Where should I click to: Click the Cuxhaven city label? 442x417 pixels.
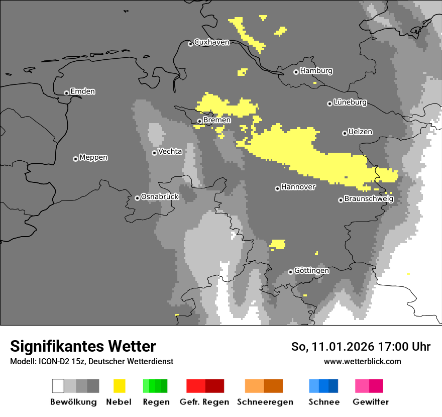click(x=211, y=43)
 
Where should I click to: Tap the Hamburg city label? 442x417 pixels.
click(x=316, y=71)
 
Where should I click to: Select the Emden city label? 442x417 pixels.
click(x=82, y=91)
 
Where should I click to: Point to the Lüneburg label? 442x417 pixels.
click(x=350, y=102)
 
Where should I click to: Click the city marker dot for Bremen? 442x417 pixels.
click(x=199, y=121)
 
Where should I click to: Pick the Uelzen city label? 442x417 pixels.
click(x=360, y=132)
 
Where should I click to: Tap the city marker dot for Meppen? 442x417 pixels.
click(x=75, y=159)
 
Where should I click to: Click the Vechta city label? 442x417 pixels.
click(x=170, y=151)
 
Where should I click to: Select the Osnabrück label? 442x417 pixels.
click(x=160, y=197)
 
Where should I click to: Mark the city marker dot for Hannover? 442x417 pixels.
click(x=277, y=188)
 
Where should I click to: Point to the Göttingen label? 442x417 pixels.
click(x=311, y=271)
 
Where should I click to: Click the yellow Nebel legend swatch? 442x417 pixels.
click(x=119, y=386)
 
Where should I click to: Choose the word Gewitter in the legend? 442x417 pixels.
click(x=371, y=402)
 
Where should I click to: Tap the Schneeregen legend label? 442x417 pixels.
click(x=265, y=402)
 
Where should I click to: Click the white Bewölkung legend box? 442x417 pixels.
click(x=58, y=386)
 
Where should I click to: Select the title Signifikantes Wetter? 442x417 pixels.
click(x=83, y=346)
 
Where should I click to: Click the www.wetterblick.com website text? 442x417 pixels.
click(x=362, y=361)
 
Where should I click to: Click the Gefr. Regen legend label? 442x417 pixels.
click(x=204, y=402)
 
